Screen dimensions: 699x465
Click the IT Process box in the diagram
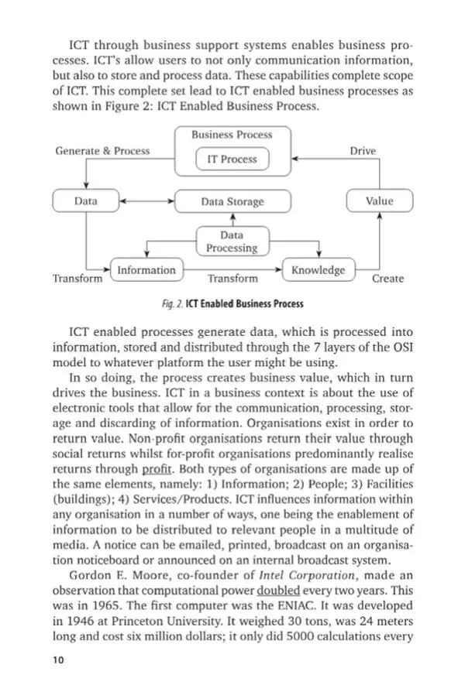(x=232, y=159)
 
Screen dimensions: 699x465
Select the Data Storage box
(x=232, y=201)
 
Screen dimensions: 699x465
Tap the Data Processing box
(x=232, y=242)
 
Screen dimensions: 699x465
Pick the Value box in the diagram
(x=379, y=201)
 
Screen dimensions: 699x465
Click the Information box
(x=146, y=270)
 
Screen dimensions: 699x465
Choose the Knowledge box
(x=318, y=270)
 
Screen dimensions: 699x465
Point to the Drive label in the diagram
(x=363, y=151)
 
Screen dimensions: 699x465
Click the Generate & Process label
(x=102, y=151)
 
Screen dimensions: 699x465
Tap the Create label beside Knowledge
(x=387, y=279)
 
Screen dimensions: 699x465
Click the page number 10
(x=59, y=660)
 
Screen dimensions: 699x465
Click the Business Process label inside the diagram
(x=232, y=135)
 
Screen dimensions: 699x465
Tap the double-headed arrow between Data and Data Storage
(x=146, y=201)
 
